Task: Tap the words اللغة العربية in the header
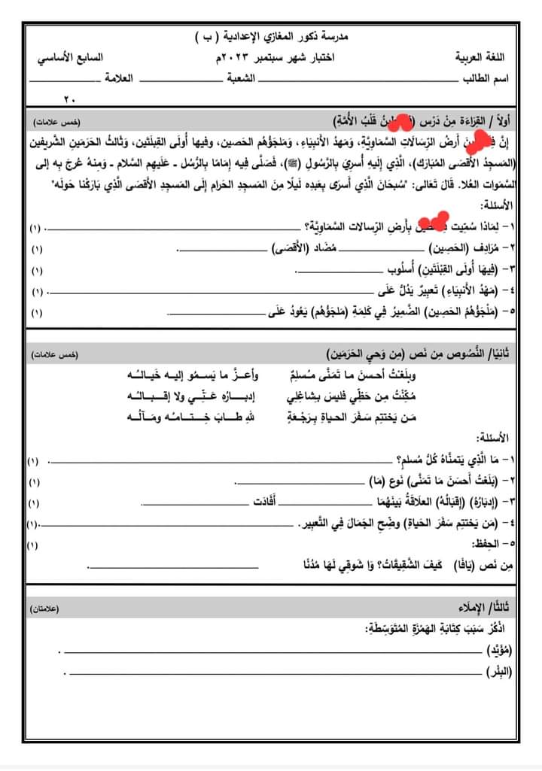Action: pyautogui.click(x=482, y=58)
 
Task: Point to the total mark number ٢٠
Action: pyautogui.click(x=70, y=98)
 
